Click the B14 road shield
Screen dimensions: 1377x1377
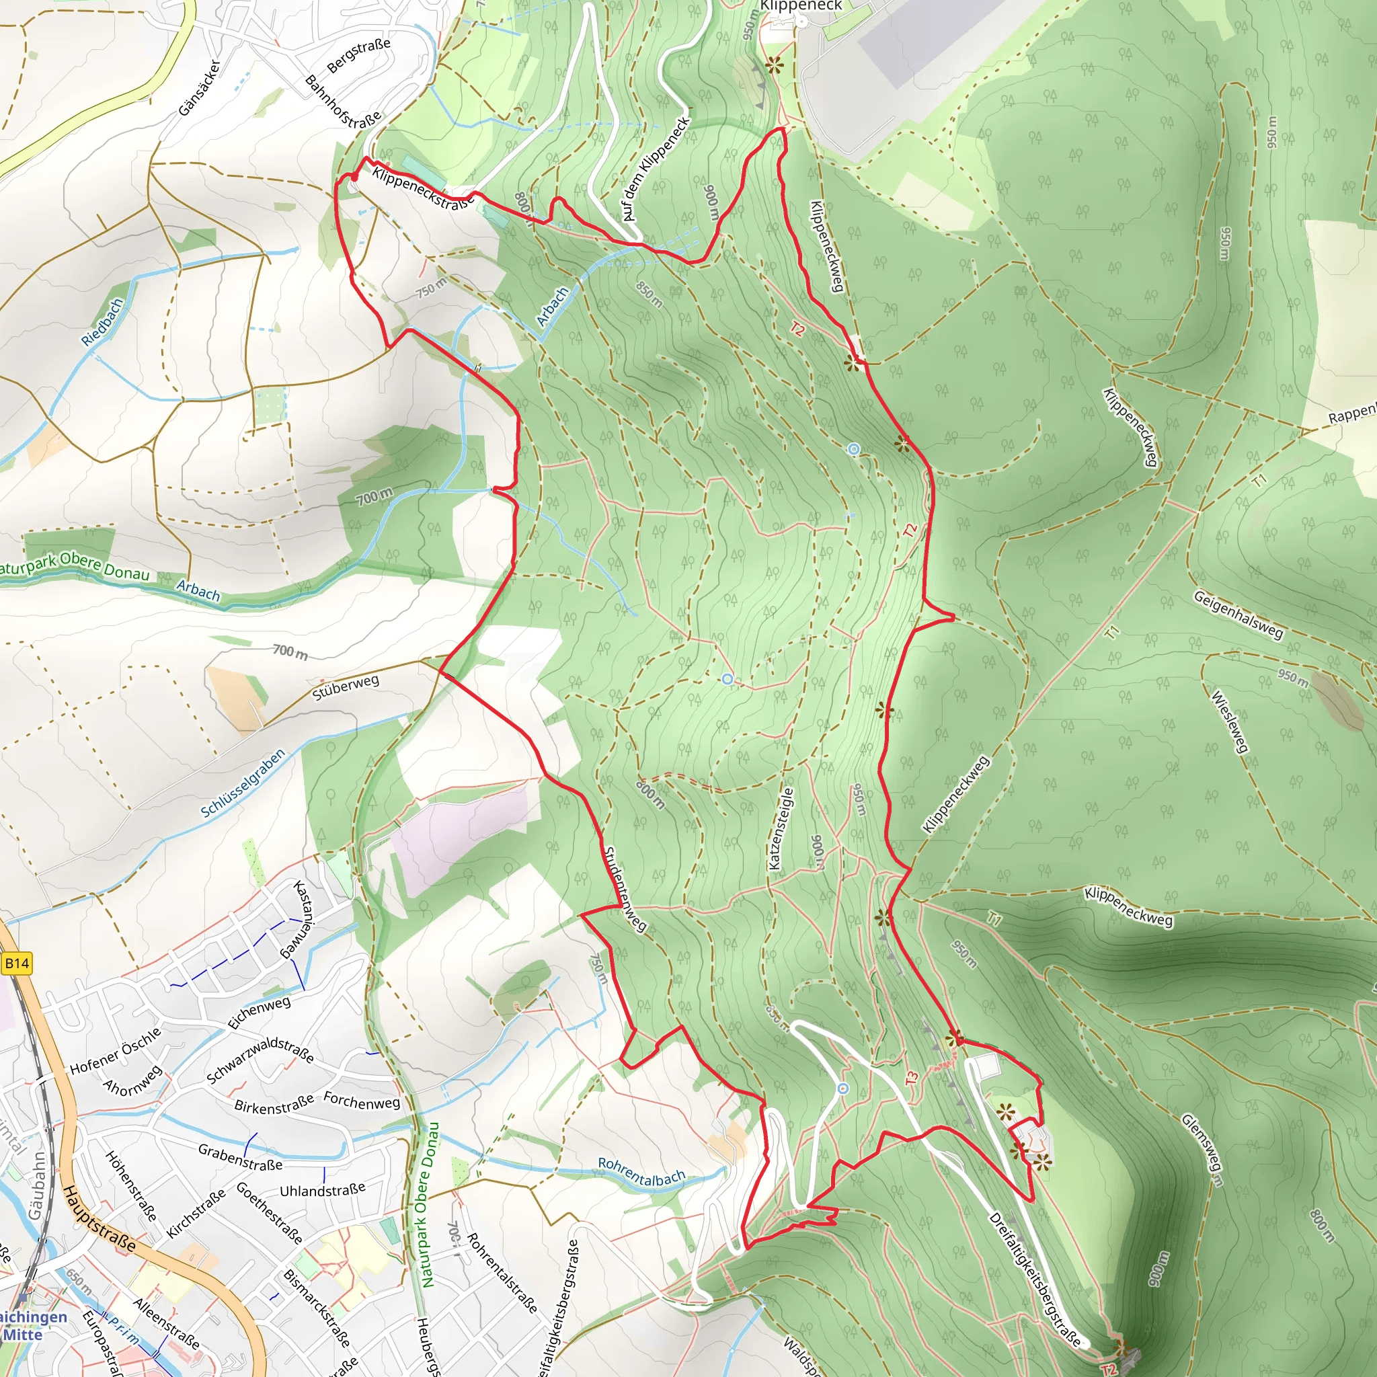(x=16, y=964)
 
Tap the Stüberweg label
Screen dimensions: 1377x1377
(x=346, y=688)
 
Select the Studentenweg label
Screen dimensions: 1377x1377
(x=625, y=888)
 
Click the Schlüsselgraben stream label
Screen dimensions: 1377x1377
(x=242, y=783)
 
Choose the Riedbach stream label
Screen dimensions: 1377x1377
(x=103, y=322)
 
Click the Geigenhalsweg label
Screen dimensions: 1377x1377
(x=1238, y=615)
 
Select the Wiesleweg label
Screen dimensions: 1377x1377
(x=1230, y=721)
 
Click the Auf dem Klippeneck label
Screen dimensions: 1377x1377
(x=656, y=169)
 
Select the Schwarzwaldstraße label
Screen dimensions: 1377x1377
(x=260, y=1060)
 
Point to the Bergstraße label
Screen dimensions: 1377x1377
(x=358, y=56)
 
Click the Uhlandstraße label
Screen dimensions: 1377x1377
(x=322, y=1189)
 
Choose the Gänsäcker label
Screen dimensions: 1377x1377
(x=200, y=87)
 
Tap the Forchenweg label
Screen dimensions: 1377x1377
(x=361, y=1101)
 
